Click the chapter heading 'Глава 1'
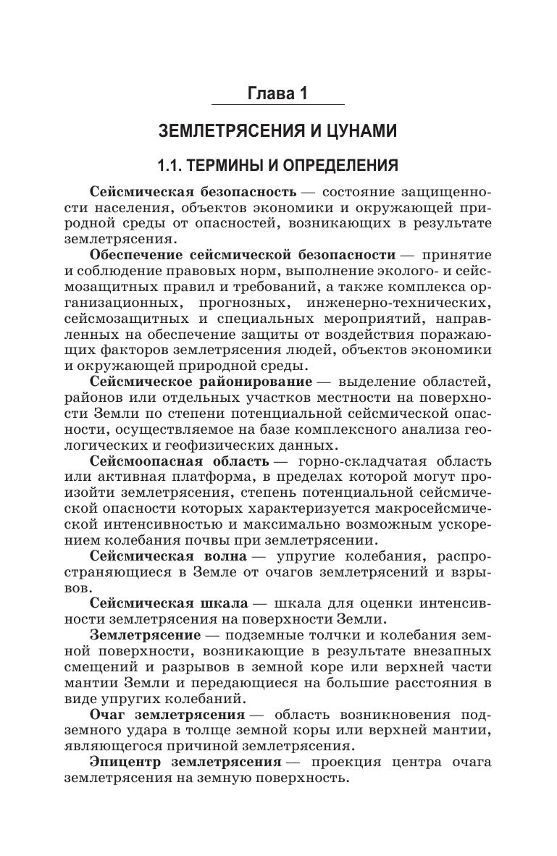[278, 94]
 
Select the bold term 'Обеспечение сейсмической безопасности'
[243, 255]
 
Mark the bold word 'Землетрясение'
[145, 634]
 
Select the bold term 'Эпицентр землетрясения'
[185, 762]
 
